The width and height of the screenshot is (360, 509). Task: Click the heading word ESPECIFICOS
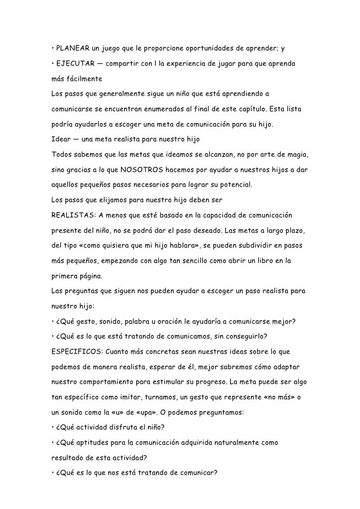[78, 352]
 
